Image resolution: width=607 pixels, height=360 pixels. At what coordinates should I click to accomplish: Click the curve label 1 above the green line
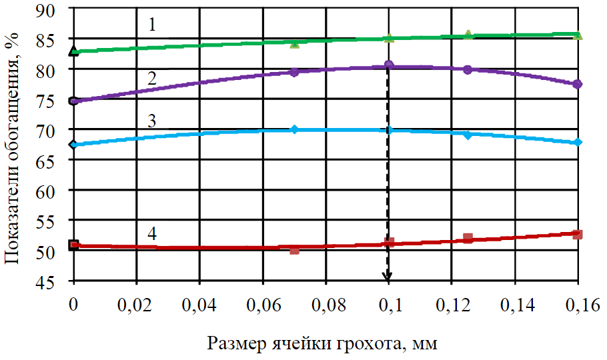tap(152, 25)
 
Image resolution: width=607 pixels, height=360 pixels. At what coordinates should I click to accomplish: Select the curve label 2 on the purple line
tap(152, 77)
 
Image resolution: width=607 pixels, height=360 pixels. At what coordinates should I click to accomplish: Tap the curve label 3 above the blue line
tap(152, 121)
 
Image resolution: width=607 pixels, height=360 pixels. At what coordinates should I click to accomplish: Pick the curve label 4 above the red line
tap(152, 234)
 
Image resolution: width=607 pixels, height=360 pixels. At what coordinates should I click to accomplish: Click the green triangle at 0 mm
tap(74, 51)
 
